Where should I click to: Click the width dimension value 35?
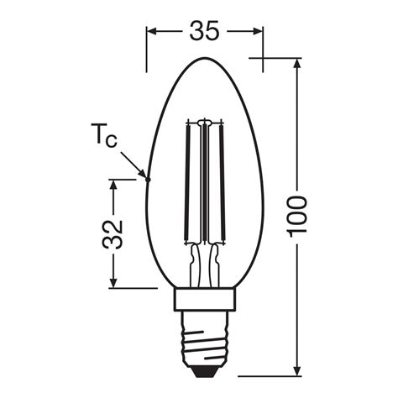pos(205,32)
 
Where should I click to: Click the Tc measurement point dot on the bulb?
pos(147,177)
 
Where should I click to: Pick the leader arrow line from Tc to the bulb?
pos(134,162)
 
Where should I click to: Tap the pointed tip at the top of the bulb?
pos(206,59)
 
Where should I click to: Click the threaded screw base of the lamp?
pos(206,340)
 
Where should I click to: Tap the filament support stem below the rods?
pos(206,264)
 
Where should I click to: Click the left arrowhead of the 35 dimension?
pos(151,32)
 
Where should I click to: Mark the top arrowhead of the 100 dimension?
pos(298,64)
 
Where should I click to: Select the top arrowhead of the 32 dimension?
pos(113,182)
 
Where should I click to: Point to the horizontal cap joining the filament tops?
pos(206,120)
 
